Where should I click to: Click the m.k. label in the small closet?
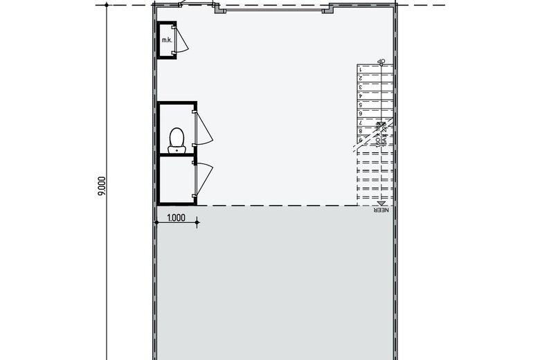(x=166, y=41)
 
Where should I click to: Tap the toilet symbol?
(x=176, y=138)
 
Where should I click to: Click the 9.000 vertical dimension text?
(x=101, y=186)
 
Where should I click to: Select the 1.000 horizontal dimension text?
(x=177, y=217)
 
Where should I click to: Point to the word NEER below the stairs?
(x=381, y=210)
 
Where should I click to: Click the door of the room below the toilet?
(x=204, y=177)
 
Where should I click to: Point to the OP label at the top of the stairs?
(x=381, y=62)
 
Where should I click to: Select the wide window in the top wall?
(x=273, y=10)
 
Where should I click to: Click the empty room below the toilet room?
(x=176, y=179)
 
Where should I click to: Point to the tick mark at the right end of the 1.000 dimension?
(x=197, y=222)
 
